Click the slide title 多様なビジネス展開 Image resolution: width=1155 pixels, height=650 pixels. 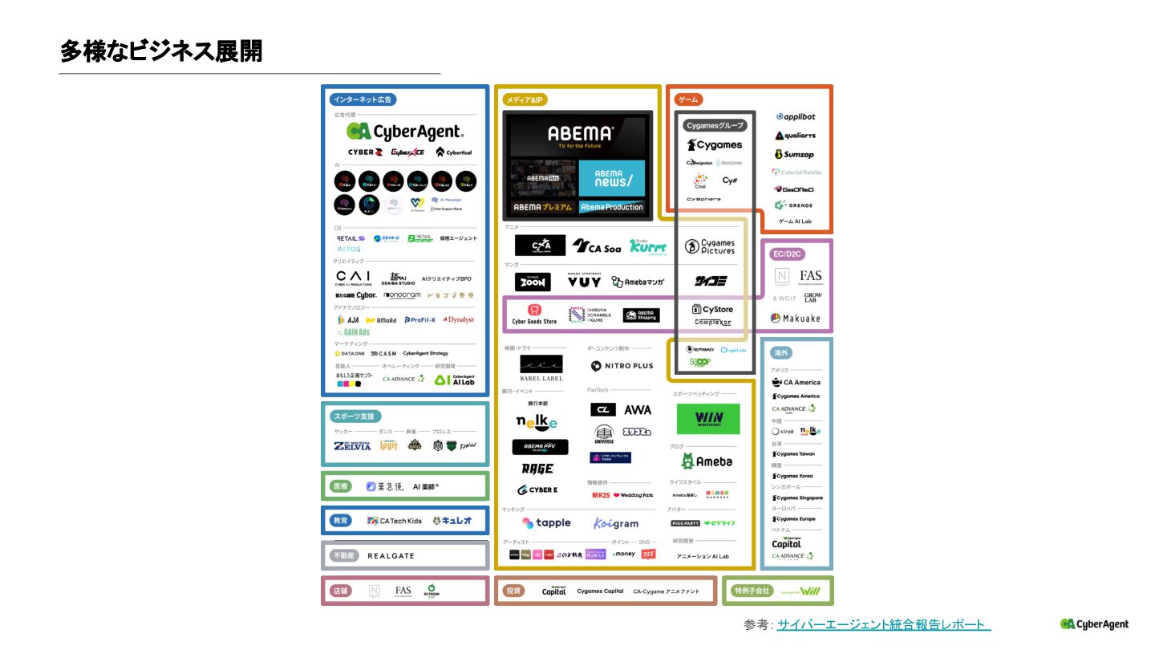click(160, 51)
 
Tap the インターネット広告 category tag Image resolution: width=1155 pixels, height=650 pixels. click(363, 100)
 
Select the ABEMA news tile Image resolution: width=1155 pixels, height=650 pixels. click(610, 178)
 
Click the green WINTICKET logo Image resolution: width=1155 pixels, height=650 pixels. click(707, 419)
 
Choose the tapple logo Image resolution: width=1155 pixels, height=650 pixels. click(546, 523)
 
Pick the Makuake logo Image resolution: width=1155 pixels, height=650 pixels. click(796, 318)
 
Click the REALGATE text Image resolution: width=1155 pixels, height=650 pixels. click(391, 555)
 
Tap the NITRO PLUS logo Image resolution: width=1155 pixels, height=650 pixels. click(622, 366)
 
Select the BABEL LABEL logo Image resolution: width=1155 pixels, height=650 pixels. click(541, 368)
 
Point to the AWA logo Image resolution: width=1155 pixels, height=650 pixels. click(638, 410)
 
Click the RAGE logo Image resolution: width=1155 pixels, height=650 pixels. click(537, 469)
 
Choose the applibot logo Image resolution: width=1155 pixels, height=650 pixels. click(796, 117)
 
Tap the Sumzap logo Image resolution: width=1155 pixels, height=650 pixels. click(794, 154)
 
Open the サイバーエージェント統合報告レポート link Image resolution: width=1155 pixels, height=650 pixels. click(883, 624)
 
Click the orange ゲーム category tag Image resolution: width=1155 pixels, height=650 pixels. click(687, 100)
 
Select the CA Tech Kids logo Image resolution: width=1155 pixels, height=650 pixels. click(395, 521)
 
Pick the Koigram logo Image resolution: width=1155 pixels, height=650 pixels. click(616, 523)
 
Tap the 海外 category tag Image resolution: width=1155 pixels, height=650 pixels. click(780, 353)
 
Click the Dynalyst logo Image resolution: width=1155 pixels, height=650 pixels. click(459, 319)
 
